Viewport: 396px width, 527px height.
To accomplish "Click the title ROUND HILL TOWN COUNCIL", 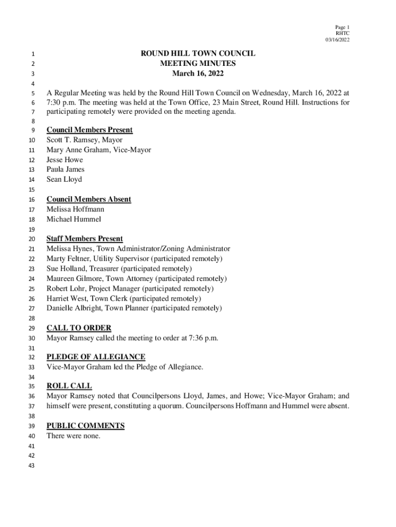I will point(198,54).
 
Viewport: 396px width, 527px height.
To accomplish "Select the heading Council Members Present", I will point(89,130).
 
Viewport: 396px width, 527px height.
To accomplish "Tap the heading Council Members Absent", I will point(88,199).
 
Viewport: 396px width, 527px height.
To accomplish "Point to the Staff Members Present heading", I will point(84,239).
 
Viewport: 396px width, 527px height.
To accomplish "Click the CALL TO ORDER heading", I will point(79,328).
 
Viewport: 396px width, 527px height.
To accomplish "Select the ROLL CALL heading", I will point(69,386).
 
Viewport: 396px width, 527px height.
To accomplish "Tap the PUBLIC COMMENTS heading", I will point(85,426).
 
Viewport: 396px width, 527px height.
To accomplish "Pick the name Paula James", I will point(65,169).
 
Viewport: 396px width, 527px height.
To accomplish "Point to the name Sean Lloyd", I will point(64,180).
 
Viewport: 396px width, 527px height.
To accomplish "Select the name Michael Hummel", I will point(74,219).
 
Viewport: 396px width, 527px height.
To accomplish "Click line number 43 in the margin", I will point(31,466).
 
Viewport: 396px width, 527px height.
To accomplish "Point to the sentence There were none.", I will point(73,436).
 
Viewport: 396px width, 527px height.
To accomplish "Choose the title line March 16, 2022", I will point(198,74).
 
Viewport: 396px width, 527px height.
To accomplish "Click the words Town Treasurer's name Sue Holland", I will point(67,269).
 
